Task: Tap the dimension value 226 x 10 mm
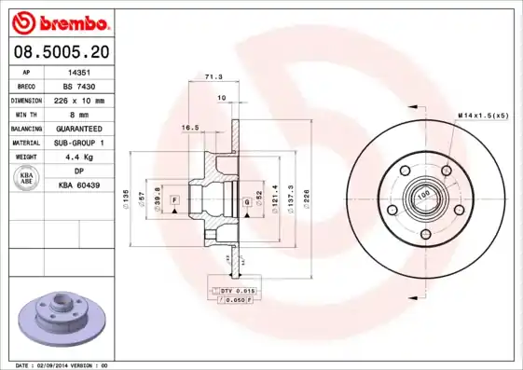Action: point(77,100)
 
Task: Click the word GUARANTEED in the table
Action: point(76,128)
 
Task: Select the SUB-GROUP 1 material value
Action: point(76,143)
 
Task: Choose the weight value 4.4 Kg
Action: point(76,157)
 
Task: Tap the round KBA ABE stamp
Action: point(27,179)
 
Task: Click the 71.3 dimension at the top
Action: point(213,78)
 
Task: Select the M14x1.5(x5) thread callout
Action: point(483,114)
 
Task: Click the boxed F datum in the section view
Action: point(174,201)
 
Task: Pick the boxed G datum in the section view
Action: point(246,201)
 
